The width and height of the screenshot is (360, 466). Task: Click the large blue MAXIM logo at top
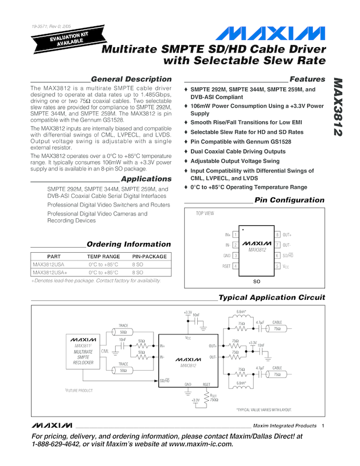(270, 33)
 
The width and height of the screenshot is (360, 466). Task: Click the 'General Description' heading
(131, 79)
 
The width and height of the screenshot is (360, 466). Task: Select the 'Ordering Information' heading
(129, 244)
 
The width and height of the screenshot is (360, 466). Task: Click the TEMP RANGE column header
(104, 257)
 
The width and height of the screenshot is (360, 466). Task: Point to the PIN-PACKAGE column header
(150, 257)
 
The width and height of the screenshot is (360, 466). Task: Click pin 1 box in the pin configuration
(235, 235)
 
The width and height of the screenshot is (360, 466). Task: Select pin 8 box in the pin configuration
(278, 235)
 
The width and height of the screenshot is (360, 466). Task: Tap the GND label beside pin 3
(227, 255)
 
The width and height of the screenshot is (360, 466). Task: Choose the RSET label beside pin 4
(226, 266)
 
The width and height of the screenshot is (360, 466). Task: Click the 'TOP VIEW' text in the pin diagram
(205, 213)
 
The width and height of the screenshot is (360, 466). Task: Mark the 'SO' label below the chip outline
(256, 281)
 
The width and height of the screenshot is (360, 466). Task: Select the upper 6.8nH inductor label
(241, 311)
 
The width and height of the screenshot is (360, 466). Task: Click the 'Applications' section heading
(146, 179)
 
